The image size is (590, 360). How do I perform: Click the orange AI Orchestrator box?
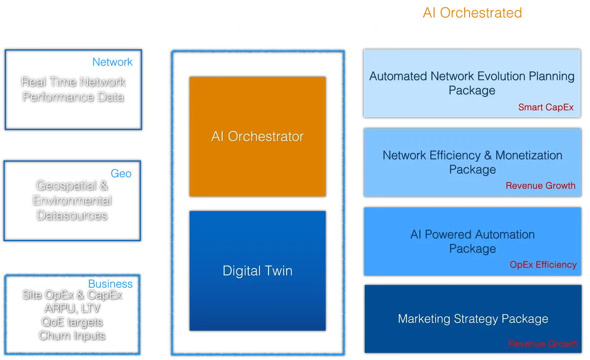pyautogui.click(x=257, y=136)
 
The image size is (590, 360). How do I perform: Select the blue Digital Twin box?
pyautogui.click(x=257, y=271)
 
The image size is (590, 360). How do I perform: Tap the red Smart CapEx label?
pyautogui.click(x=546, y=107)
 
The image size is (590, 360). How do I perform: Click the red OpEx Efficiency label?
pyautogui.click(x=543, y=265)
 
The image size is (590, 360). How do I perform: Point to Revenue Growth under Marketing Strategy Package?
pyautogui.click(x=543, y=344)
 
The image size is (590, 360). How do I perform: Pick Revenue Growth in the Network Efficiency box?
pyautogui.click(x=540, y=185)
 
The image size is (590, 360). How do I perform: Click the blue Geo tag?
pyautogui.click(x=121, y=174)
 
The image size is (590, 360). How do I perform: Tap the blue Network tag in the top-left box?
pyautogui.click(x=112, y=61)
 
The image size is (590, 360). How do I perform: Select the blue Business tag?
pyautogui.click(x=110, y=284)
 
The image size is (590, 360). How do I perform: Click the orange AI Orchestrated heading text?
pyautogui.click(x=472, y=12)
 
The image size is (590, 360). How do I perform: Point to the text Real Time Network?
pyautogui.click(x=73, y=82)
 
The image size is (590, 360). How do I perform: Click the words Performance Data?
pyautogui.click(x=73, y=97)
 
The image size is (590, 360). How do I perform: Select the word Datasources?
pyautogui.click(x=72, y=215)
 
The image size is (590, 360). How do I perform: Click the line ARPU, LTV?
pyautogui.click(x=72, y=308)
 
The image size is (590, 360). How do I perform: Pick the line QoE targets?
pyautogui.click(x=72, y=322)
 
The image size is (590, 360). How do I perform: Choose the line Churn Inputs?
pyautogui.click(x=72, y=336)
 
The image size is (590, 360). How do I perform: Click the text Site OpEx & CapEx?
pyautogui.click(x=72, y=295)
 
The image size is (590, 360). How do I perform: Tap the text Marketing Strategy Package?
pyautogui.click(x=472, y=319)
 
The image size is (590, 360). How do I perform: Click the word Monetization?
pyautogui.click(x=529, y=155)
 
